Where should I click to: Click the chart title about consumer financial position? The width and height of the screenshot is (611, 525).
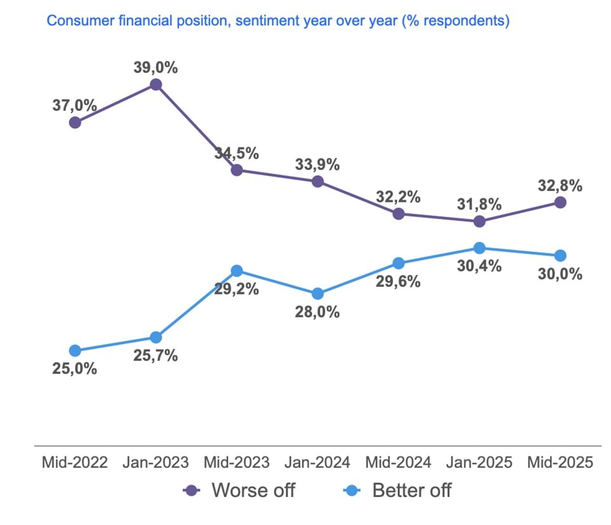point(278,21)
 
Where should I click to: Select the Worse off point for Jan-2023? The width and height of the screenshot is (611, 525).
point(155,84)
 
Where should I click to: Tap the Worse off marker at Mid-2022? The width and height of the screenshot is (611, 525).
point(75,123)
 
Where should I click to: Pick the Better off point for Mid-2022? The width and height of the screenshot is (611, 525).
point(75,350)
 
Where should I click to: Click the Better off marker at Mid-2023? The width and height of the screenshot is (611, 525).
point(237,271)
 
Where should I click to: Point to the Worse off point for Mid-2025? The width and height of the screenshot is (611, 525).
point(560,203)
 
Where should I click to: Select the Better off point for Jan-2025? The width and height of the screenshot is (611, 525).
point(480,248)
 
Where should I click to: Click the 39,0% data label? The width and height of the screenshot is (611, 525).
point(156,67)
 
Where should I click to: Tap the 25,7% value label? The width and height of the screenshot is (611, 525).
point(156,356)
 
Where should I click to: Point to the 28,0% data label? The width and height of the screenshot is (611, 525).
point(318,312)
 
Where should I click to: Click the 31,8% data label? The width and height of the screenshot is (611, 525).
point(480,204)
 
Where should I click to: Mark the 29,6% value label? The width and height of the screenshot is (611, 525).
point(398,281)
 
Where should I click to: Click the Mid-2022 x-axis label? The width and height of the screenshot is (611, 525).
point(74,462)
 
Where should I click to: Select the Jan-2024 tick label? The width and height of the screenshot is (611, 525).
point(318,462)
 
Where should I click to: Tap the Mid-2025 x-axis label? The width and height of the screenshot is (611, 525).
point(560,462)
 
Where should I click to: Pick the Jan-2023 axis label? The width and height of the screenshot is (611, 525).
point(155,462)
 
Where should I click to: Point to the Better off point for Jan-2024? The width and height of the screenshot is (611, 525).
point(318,294)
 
